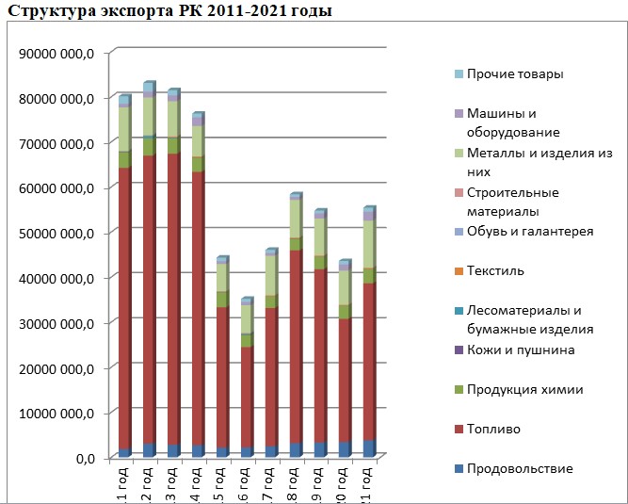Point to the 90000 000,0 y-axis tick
pyautogui.click(x=56, y=53)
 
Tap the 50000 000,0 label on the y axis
pyautogui.click(x=56, y=233)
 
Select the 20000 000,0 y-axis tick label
pyautogui.click(x=56, y=367)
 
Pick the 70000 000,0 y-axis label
pyautogui.click(x=56, y=143)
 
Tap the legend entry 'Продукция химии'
pyautogui.click(x=524, y=390)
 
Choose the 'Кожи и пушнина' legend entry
pyautogui.click(x=520, y=350)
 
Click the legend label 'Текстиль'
pyautogui.click(x=495, y=271)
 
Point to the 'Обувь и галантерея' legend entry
pyautogui.click(x=530, y=232)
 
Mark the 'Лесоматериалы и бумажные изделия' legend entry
pyautogui.click(x=529, y=319)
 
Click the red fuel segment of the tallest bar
pyautogui.click(x=149, y=301)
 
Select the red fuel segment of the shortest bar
pyautogui.click(x=247, y=396)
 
